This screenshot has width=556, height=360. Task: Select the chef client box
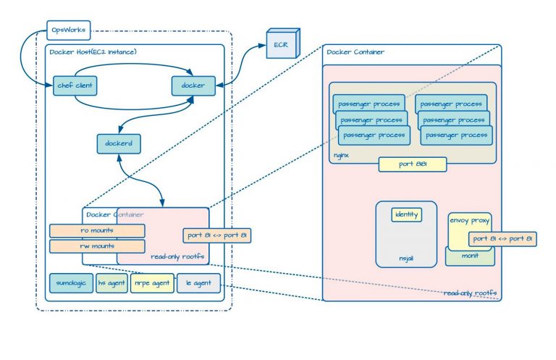tap(75, 85)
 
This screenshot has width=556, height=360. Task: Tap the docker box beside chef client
tap(193, 85)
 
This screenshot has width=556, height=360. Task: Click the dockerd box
tap(118, 143)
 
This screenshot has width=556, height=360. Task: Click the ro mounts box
tap(96, 231)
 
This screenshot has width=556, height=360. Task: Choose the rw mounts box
tap(96, 246)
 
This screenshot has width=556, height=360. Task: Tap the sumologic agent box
tap(70, 282)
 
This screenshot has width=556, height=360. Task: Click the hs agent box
tap(111, 282)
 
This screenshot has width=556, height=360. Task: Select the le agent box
tap(198, 282)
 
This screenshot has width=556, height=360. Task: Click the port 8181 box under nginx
tap(412, 164)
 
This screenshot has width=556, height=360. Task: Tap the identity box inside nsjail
tap(406, 214)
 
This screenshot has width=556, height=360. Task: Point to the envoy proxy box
tap(469, 220)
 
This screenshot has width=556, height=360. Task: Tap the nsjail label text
tap(406, 258)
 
